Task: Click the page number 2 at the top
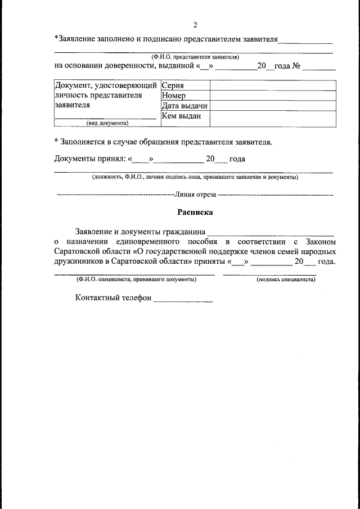[x=195, y=25]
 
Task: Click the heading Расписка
[x=195, y=213]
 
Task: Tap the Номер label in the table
[x=173, y=96]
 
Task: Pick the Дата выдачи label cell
[x=184, y=106]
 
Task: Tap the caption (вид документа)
[x=107, y=123]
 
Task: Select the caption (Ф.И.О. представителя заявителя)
[x=195, y=57]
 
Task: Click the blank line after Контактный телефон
[x=183, y=299]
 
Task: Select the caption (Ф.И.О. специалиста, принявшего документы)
[x=137, y=279]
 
